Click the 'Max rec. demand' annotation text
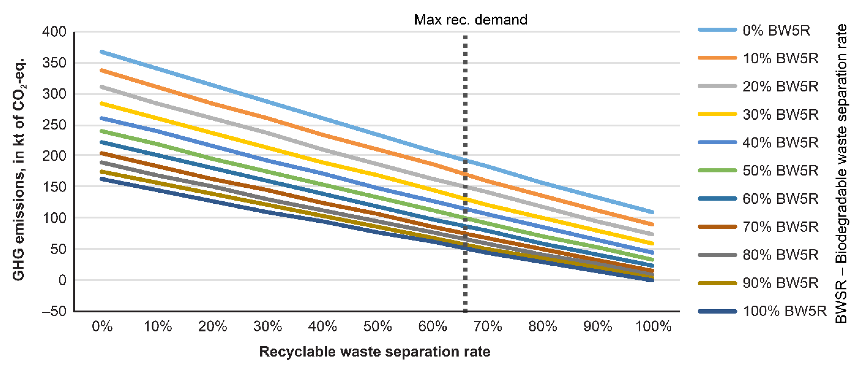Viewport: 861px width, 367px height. [x=470, y=20]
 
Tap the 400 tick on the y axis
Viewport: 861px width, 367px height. [x=54, y=32]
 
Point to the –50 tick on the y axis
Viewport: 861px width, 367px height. [x=54, y=311]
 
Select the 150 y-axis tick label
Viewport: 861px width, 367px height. [x=54, y=187]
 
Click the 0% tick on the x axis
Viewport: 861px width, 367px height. [x=102, y=326]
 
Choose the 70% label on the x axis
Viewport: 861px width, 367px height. [x=488, y=326]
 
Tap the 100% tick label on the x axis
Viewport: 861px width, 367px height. [x=653, y=326]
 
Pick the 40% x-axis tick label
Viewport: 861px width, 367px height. [x=322, y=326]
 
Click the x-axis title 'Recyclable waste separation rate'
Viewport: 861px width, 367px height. [x=374, y=352]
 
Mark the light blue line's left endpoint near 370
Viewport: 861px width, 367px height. [x=101, y=52]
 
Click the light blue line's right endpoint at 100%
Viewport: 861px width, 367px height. [x=652, y=212]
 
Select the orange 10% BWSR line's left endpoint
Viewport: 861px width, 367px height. [x=101, y=70]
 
